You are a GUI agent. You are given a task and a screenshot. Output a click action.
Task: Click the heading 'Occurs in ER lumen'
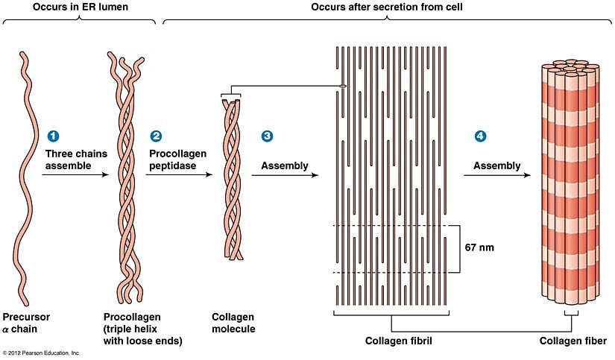(x=79, y=7)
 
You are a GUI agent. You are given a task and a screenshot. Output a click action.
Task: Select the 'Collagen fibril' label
(x=399, y=341)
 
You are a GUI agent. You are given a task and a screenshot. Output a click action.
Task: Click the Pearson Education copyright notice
(x=41, y=353)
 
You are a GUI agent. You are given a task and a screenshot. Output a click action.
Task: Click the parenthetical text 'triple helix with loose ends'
(x=146, y=335)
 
